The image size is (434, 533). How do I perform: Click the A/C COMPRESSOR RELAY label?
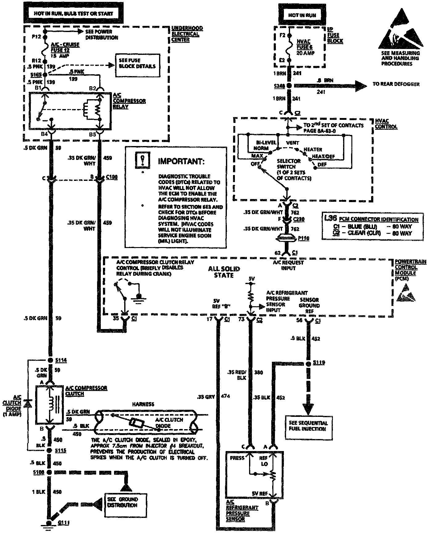point(125,101)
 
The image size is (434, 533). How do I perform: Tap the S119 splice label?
point(319,363)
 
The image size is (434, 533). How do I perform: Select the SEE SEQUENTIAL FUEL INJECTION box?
point(307,425)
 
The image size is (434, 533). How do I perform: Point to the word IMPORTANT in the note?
point(181,161)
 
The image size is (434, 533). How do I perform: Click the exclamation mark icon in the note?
point(142,160)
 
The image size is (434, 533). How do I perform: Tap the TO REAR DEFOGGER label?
point(396,84)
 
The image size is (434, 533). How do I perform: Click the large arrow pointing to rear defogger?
point(354,86)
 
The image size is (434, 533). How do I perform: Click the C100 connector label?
point(112,177)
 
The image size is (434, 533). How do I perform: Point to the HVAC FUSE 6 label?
point(303,47)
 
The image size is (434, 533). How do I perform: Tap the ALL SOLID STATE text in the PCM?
point(224,272)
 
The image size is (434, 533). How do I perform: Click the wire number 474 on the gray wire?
point(226,396)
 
